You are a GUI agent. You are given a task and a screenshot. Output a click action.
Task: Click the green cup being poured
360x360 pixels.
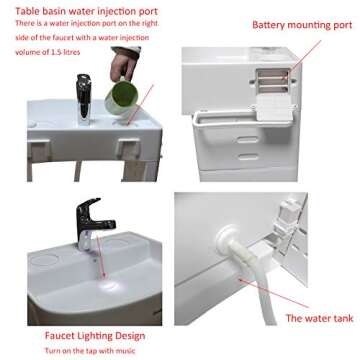pos(120,95)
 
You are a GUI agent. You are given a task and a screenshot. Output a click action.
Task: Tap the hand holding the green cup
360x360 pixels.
pos(124,64)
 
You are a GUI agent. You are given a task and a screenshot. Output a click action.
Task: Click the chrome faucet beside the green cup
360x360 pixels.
pos(83,99)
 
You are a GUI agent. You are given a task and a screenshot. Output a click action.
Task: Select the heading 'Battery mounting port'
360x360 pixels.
pos(302,25)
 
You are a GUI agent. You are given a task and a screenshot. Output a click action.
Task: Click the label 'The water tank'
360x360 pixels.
pos(319,318)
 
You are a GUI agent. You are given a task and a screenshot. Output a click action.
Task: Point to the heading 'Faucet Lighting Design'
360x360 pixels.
pos(95,336)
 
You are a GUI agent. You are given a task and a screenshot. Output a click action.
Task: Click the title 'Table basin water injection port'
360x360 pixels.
pos(86,11)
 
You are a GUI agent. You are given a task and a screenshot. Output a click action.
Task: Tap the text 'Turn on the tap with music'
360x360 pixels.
pos(90,351)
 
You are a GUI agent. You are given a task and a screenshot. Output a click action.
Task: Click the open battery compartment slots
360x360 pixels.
pos(272,80)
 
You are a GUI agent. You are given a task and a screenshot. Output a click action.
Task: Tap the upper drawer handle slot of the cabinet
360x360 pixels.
pos(248,140)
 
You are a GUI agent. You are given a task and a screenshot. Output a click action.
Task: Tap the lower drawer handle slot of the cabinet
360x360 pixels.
pos(248,157)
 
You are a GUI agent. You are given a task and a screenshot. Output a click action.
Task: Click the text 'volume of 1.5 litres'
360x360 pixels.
pos(48,52)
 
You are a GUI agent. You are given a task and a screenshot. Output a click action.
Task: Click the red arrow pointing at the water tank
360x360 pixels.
pos(273,293)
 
